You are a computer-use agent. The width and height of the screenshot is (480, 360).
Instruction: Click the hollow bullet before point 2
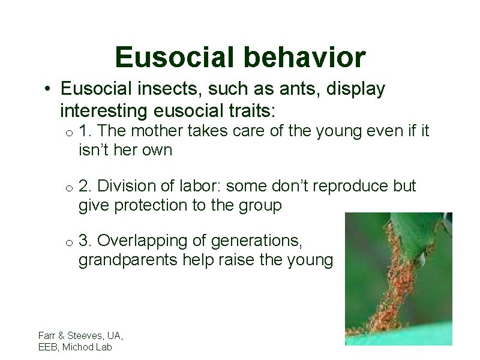tap(70, 188)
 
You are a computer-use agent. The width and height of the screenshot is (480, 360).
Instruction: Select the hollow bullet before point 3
tap(70, 242)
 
